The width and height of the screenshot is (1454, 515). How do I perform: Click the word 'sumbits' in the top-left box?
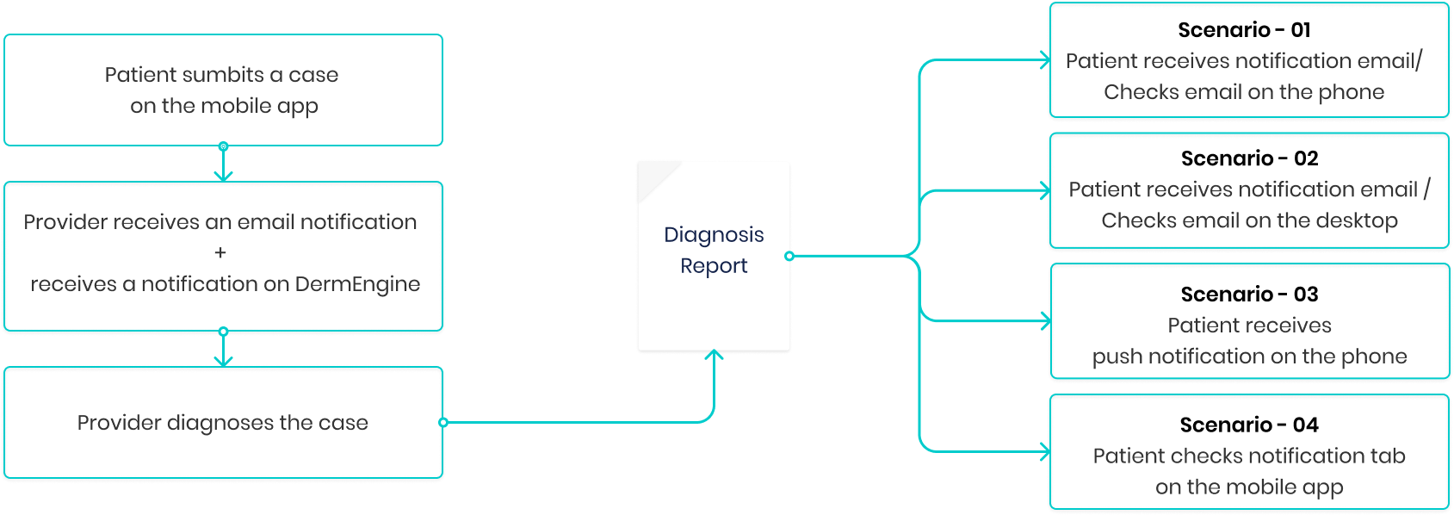[x=226, y=75]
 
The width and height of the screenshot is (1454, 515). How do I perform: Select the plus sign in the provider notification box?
[x=220, y=253]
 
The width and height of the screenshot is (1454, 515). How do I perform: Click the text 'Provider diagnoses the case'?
[x=222, y=423]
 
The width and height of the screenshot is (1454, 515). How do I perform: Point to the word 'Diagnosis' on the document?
[x=714, y=235]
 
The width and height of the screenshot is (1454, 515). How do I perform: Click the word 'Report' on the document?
[x=714, y=266]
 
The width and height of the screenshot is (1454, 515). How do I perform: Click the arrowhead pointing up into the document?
[x=714, y=354]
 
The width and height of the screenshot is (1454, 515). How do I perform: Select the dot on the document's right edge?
[x=789, y=256]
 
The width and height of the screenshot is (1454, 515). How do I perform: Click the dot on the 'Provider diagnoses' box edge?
[x=443, y=423]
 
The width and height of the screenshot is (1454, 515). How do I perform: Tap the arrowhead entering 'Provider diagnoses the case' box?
[x=223, y=363]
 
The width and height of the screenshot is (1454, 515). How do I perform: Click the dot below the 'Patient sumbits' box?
[x=223, y=146]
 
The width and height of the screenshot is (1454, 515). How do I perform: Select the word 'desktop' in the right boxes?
[x=1357, y=221]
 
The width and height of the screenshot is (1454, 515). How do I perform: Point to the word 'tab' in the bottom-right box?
[x=1388, y=456]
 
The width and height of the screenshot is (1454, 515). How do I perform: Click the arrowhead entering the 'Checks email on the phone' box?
[x=1046, y=60]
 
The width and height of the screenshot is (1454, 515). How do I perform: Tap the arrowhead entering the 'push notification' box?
[x=1046, y=321]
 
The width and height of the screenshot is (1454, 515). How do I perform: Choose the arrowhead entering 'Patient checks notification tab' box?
[x=1046, y=451]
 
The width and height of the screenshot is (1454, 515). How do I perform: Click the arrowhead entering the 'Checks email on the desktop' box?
[x=1046, y=190]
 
